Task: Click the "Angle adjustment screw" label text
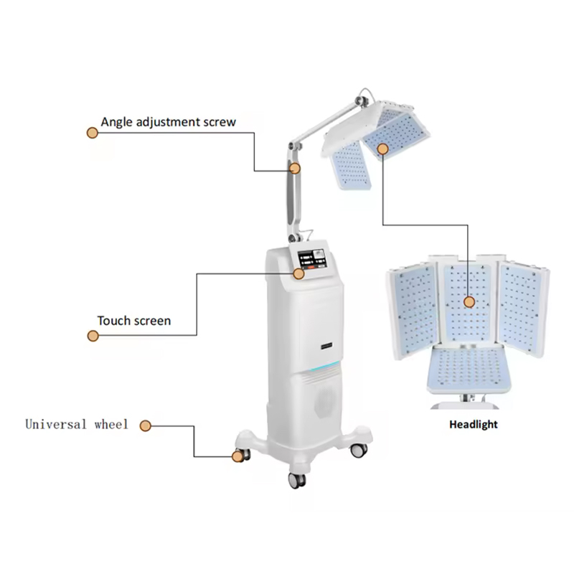tap(168, 122)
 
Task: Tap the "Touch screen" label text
tap(134, 320)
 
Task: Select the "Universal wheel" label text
tap(77, 424)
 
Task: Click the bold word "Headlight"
tap(473, 424)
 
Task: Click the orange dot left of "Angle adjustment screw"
tap(92, 133)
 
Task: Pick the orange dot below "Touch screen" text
tap(92, 335)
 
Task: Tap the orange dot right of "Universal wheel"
tap(145, 425)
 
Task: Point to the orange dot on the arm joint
tap(295, 169)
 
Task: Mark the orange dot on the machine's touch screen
tap(298, 272)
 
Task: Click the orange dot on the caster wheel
tap(237, 456)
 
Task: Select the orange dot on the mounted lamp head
tap(382, 149)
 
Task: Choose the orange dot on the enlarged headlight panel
tap(469, 302)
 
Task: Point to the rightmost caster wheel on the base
tap(357, 450)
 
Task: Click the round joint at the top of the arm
tap(365, 95)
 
